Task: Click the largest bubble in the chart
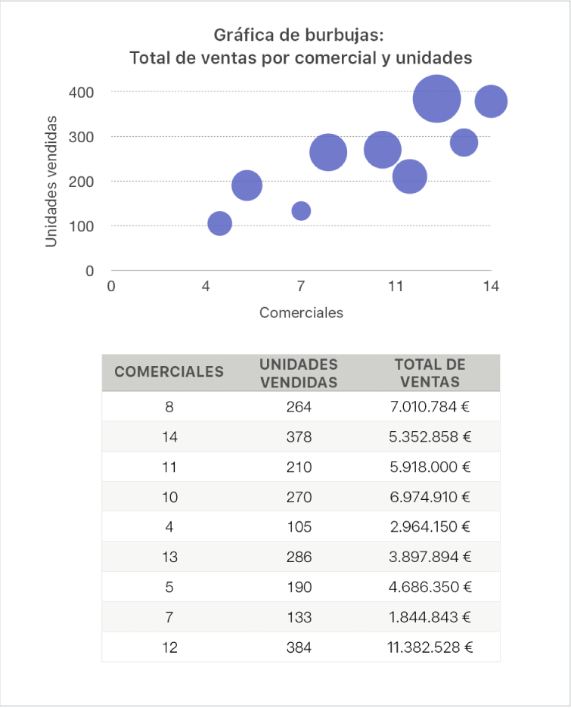(x=436, y=98)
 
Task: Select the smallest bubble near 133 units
(x=301, y=210)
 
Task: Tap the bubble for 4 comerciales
(x=219, y=223)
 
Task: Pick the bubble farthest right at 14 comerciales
(x=491, y=101)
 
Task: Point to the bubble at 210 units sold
(x=410, y=176)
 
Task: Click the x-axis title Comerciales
(x=301, y=312)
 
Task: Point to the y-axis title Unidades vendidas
(x=51, y=181)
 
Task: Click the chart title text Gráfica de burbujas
(x=301, y=35)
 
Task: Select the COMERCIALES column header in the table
(x=169, y=371)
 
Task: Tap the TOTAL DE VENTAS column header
(x=430, y=373)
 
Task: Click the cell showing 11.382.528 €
(x=430, y=647)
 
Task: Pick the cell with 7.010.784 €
(x=430, y=407)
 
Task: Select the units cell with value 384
(x=299, y=647)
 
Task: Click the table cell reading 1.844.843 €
(x=430, y=617)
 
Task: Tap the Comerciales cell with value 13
(x=169, y=557)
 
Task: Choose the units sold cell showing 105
(x=299, y=526)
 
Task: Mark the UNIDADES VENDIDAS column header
(x=299, y=373)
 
